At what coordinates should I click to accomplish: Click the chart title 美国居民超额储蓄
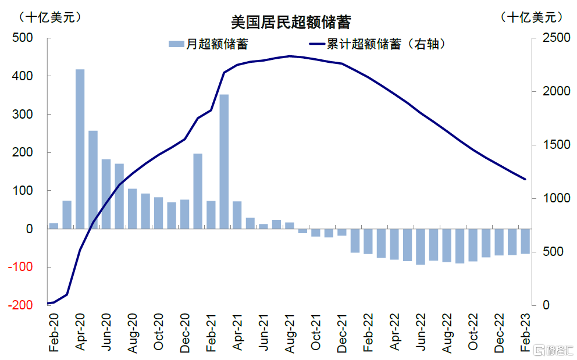291,22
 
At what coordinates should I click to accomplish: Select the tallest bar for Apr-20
80,149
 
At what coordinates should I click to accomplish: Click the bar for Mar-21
224,162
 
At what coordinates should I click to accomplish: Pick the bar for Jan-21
198,191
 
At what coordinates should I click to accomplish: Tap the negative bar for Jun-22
420,247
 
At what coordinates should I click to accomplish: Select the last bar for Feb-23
525,241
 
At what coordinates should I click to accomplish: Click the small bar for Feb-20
54,226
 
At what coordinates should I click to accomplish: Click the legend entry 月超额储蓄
208,44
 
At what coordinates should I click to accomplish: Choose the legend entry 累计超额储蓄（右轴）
377,44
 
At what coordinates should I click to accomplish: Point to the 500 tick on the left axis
23,38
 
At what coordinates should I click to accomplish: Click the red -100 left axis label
20,267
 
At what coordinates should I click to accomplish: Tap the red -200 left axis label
20,305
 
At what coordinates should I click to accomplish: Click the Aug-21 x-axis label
290,333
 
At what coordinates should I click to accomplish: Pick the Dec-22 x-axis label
500,333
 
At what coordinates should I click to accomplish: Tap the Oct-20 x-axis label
159,332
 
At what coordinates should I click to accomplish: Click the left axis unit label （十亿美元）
50,17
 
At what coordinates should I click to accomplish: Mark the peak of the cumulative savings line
290,56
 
